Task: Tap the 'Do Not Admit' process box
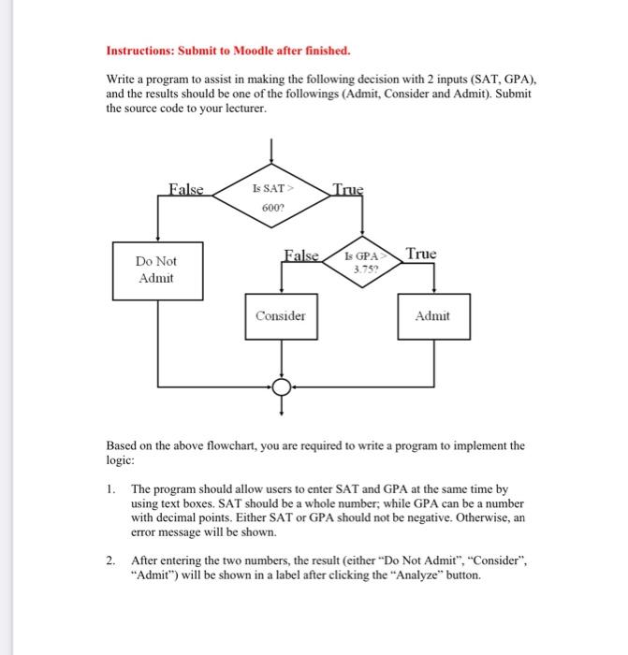[156, 269]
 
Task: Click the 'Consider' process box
[281, 316]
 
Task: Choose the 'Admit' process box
[431, 316]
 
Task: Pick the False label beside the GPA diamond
[301, 254]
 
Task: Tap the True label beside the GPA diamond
[422, 254]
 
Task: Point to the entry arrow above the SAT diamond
[270, 150]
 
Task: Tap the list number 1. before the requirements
[110, 488]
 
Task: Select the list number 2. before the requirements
[110, 560]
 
